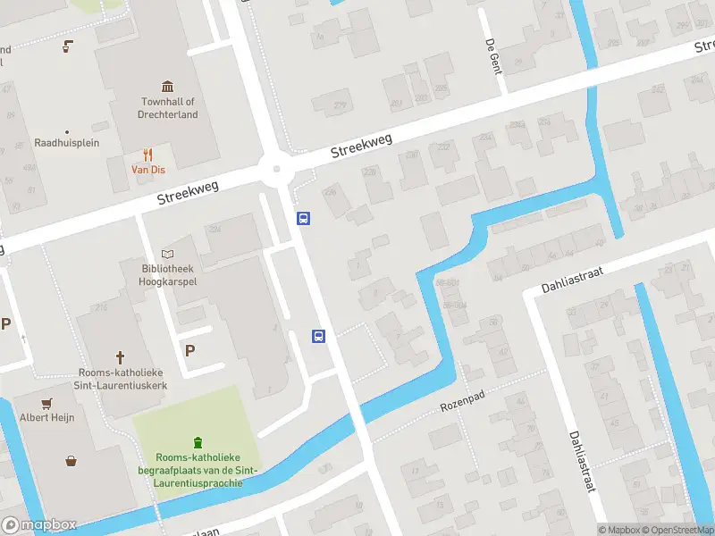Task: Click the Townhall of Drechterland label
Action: coord(168,108)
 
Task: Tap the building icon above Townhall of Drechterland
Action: coord(168,87)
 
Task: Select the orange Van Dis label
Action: coord(148,170)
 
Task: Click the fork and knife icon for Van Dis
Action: coord(148,155)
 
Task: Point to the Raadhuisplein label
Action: coord(67,143)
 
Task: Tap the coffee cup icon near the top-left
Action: coord(67,46)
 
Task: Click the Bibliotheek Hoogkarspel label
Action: coord(167,275)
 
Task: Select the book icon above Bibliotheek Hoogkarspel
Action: coord(167,255)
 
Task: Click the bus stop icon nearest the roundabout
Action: coord(304,218)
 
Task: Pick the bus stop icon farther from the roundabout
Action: coord(318,336)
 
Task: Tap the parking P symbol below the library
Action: coord(189,350)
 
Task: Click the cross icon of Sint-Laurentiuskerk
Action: coord(121,357)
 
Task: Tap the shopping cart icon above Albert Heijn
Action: coord(46,402)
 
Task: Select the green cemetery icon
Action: coord(198,441)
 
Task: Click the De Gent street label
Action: coord(492,55)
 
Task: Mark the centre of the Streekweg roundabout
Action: coord(278,168)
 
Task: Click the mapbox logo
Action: coord(39,525)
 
